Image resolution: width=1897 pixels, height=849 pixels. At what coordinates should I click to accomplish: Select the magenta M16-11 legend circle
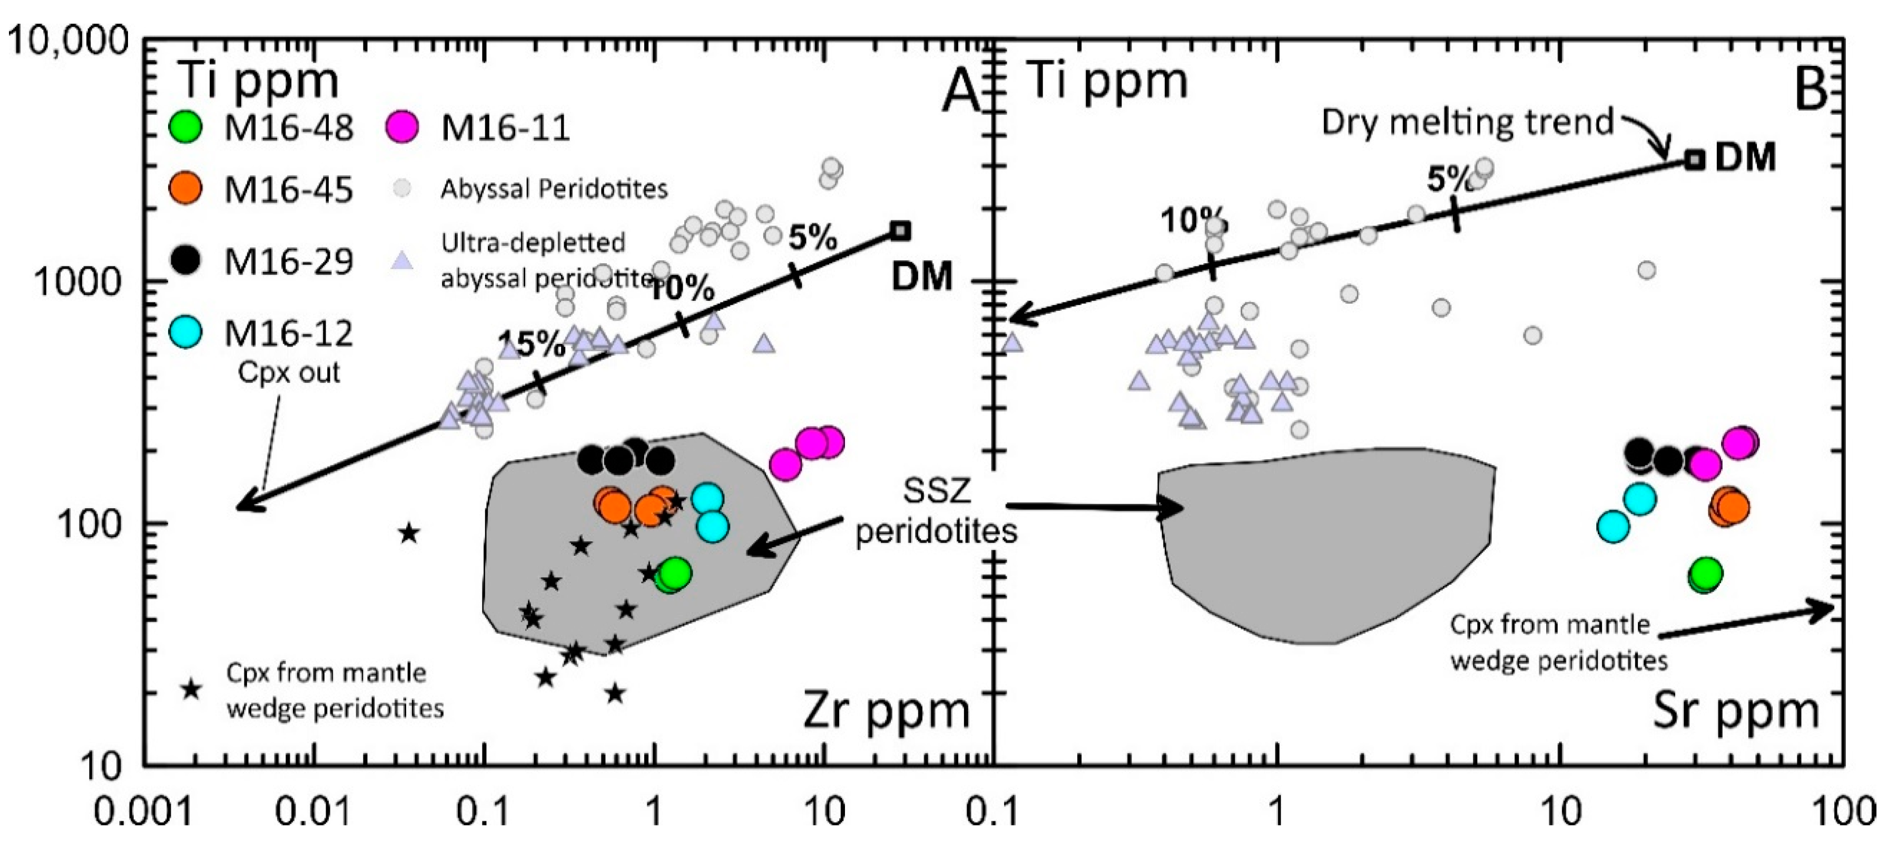[402, 127]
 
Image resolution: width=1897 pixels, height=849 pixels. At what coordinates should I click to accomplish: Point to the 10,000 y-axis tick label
[68, 41]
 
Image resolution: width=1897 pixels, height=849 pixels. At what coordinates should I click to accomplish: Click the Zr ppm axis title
[887, 712]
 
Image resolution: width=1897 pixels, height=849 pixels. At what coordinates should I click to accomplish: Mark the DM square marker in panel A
[901, 231]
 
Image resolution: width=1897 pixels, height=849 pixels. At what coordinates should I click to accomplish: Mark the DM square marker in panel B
[1695, 160]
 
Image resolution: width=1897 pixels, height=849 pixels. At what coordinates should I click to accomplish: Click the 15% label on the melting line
[532, 343]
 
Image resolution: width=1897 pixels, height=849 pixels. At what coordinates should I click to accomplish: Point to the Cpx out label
[289, 372]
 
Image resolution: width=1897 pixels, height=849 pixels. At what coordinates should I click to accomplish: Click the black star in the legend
[191, 690]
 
